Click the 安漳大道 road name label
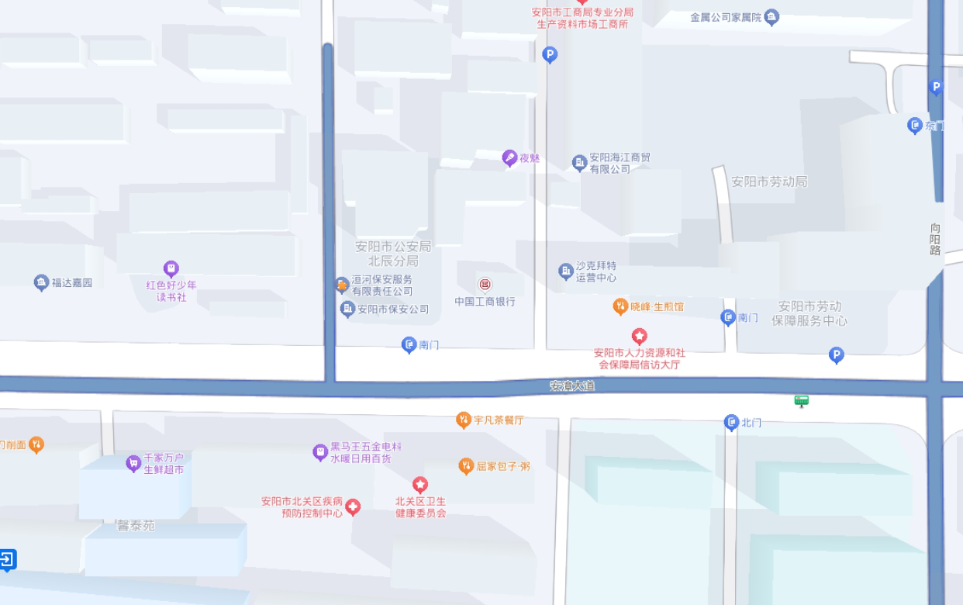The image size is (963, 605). point(572,385)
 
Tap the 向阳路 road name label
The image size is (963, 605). point(935,239)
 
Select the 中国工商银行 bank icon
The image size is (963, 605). point(485,285)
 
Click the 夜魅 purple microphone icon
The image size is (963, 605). point(509,158)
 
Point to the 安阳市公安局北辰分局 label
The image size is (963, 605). point(393,254)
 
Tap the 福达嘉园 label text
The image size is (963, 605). point(72,283)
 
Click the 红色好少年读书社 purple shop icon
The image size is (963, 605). point(171,268)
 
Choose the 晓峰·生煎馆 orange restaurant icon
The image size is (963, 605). point(620,306)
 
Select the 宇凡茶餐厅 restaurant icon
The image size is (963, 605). point(464,420)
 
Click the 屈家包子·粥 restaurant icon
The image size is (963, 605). point(466,466)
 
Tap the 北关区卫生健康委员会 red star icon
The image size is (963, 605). point(420,486)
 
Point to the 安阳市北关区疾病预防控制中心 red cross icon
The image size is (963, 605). point(353,507)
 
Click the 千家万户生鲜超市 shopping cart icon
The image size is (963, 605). point(133,463)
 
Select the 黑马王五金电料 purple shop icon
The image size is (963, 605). point(319,452)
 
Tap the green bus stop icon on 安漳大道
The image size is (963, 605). point(802,401)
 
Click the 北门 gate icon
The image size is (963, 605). point(731,423)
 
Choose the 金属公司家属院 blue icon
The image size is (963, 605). point(771,17)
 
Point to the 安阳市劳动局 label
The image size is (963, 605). point(769,181)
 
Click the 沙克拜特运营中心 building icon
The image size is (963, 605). point(565,271)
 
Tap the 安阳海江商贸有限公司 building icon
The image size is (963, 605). point(579,163)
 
